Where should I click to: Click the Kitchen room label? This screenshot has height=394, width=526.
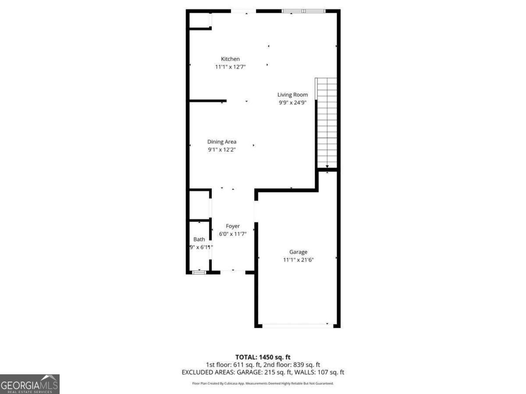click(x=230, y=59)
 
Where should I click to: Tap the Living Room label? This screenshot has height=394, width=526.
click(x=292, y=95)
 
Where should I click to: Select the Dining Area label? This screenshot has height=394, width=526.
click(x=222, y=142)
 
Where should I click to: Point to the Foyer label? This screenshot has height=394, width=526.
click(x=233, y=226)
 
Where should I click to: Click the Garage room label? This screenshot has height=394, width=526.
click(x=298, y=252)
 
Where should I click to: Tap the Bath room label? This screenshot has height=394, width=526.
click(x=199, y=239)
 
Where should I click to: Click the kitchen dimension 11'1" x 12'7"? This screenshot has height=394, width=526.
click(x=230, y=67)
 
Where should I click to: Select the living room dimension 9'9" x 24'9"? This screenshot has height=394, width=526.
click(x=292, y=102)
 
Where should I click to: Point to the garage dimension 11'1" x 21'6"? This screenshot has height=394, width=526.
click(x=298, y=260)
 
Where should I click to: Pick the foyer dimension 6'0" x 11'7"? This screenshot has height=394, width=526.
click(x=233, y=234)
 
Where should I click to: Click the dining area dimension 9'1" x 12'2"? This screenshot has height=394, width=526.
click(x=222, y=150)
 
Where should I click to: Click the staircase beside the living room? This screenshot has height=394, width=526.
click(x=327, y=123)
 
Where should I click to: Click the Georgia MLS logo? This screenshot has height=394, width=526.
click(x=29, y=384)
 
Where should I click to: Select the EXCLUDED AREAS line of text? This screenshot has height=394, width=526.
click(x=263, y=372)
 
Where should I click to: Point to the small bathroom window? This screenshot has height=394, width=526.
click(x=199, y=272)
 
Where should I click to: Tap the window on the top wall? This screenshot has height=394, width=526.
click(x=303, y=11)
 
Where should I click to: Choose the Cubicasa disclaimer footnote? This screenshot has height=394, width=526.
click(x=263, y=383)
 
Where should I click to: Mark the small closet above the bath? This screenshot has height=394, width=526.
click(x=199, y=205)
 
